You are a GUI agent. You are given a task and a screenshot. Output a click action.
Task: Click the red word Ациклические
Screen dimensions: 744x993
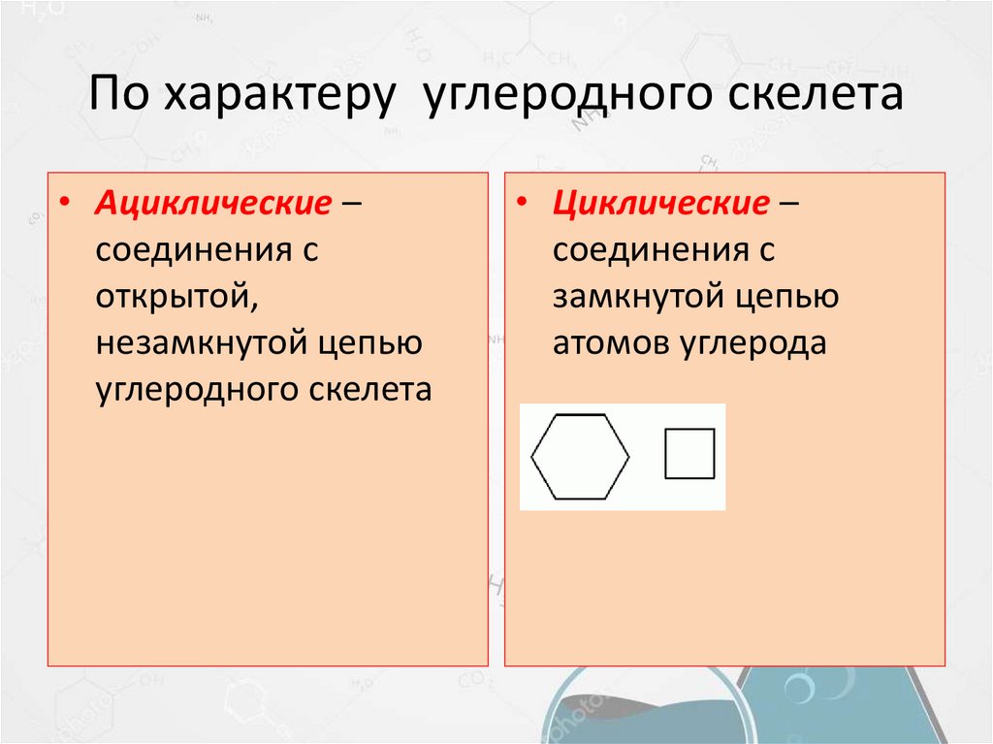[208, 204]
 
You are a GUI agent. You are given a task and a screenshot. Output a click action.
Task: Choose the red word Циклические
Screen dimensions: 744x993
[661, 204]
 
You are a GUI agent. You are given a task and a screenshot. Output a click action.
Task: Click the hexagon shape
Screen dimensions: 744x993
[580, 456]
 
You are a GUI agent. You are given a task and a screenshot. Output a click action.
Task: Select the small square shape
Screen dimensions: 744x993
[689, 453]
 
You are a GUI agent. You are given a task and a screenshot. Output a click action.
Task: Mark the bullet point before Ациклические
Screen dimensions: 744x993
[64, 206]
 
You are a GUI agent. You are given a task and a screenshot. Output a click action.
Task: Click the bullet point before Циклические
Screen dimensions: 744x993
[522, 206]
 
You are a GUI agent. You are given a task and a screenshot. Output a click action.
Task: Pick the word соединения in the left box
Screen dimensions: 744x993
[190, 250]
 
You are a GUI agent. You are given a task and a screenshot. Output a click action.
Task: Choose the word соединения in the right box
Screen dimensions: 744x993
[649, 250]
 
